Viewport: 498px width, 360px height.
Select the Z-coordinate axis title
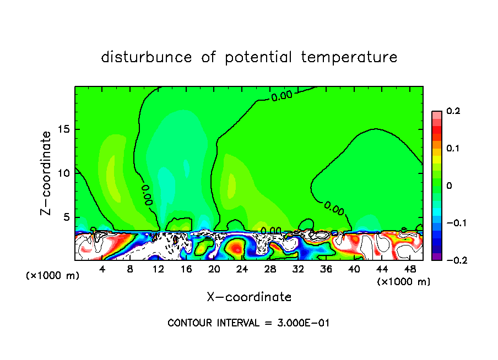48,173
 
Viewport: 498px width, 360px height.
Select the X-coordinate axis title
249,297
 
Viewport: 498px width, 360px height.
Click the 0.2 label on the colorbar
453,111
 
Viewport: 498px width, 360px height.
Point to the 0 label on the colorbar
449,186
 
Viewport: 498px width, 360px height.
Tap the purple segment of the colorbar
437,257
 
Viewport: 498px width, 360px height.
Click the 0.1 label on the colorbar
453,149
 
